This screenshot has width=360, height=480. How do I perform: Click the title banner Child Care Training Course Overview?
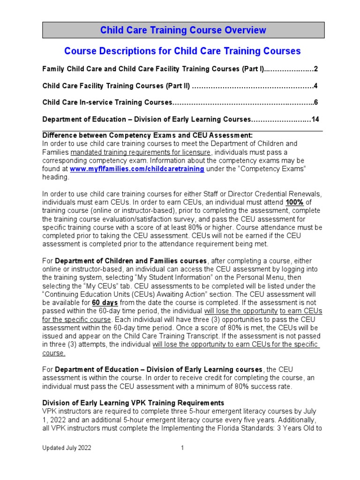(x=183, y=30)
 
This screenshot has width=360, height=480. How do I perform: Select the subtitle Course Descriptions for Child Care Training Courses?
(x=182, y=51)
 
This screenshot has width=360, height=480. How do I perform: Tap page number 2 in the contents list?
(x=316, y=69)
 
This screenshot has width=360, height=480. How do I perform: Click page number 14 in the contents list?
(x=315, y=120)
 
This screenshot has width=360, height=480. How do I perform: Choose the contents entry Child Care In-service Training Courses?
(x=107, y=103)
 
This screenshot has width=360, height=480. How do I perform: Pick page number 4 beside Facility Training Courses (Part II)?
(x=316, y=86)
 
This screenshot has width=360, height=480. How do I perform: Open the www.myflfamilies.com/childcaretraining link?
(x=137, y=169)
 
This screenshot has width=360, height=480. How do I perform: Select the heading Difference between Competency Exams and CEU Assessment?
(x=148, y=135)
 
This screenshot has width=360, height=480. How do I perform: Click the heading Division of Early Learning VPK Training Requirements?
(x=133, y=403)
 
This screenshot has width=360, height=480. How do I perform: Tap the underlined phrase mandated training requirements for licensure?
(x=142, y=152)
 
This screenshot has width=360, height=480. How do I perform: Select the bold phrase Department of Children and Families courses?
(x=131, y=261)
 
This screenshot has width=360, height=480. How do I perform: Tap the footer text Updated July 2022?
(x=67, y=448)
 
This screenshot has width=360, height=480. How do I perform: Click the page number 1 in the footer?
(x=182, y=448)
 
